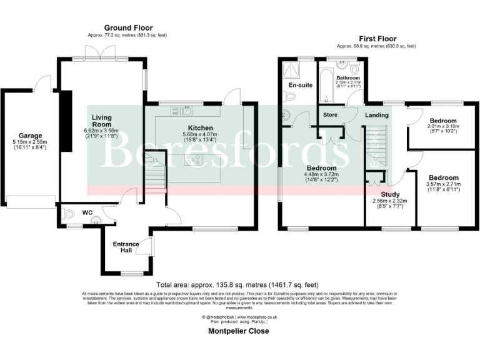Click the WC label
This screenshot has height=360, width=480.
point(87,212)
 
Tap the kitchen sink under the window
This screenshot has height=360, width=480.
point(186,112)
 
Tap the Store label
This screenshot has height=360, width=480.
point(330,115)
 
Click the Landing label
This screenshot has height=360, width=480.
point(376,115)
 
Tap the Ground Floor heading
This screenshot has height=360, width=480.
point(128,28)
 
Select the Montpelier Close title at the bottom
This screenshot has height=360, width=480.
point(238,331)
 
